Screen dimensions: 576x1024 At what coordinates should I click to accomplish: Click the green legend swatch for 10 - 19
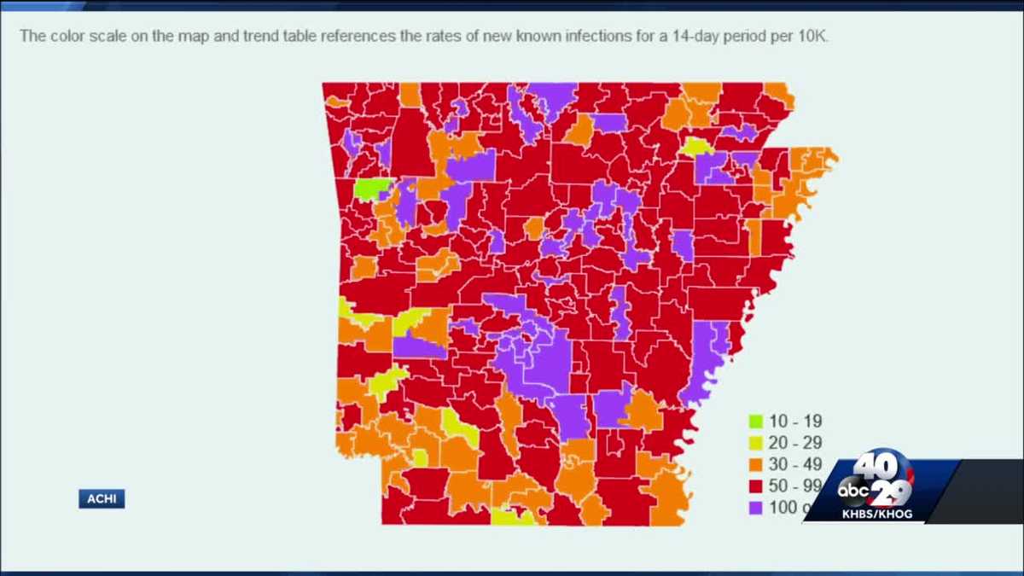coord(755,421)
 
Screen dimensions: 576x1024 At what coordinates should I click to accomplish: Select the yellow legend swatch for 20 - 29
coord(755,443)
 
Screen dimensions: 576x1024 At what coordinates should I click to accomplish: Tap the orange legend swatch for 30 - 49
coord(755,464)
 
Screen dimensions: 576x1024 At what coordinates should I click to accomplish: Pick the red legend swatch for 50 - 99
coord(755,486)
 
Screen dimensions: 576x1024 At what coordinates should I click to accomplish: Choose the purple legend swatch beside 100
coord(755,509)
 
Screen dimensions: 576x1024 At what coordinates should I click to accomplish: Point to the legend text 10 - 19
coord(795,421)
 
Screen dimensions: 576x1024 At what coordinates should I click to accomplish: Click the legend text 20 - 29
coord(795,443)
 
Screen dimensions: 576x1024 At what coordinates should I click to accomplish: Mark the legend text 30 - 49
coord(795,464)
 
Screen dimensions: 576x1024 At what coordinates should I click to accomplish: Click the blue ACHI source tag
coord(102,499)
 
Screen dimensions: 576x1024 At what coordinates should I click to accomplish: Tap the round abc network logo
coord(853,491)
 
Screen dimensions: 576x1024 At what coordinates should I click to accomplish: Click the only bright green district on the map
coord(371,188)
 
